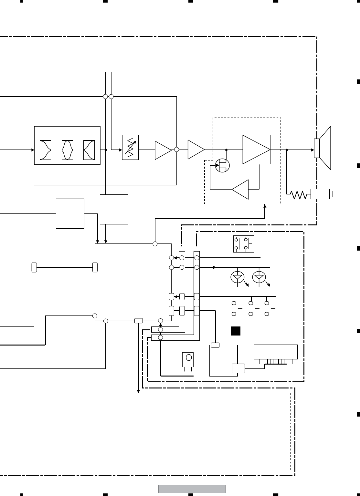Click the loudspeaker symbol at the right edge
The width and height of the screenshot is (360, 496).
[x=323, y=149]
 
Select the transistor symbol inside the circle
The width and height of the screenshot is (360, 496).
[x=222, y=165]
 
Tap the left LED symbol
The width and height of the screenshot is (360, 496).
[x=238, y=277]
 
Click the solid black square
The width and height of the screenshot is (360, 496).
[x=236, y=331]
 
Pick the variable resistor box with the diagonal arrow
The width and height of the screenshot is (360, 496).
[x=130, y=147]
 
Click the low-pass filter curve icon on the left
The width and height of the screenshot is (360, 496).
[x=45, y=150]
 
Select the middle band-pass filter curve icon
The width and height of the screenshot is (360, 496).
[x=67, y=150]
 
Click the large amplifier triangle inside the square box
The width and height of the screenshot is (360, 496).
[x=256, y=150]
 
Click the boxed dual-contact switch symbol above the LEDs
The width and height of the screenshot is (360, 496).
[x=243, y=244]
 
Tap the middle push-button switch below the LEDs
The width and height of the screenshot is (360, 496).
[x=254, y=309]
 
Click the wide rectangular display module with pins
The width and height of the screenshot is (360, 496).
[x=276, y=352]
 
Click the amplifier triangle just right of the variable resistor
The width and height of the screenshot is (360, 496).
[x=163, y=150]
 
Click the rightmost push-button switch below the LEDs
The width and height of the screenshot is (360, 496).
[x=270, y=309]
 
